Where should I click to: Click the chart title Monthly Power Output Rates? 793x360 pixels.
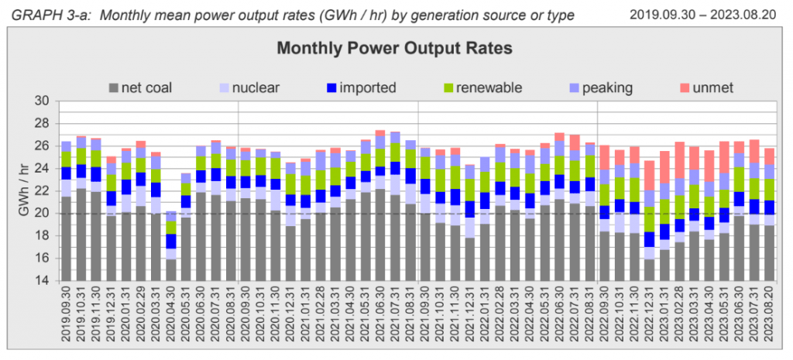click(x=395, y=48)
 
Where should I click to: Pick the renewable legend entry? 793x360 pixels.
click(x=481, y=87)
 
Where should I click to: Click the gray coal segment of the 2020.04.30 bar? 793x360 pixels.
click(x=171, y=269)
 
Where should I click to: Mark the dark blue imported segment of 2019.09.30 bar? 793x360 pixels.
click(x=67, y=173)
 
